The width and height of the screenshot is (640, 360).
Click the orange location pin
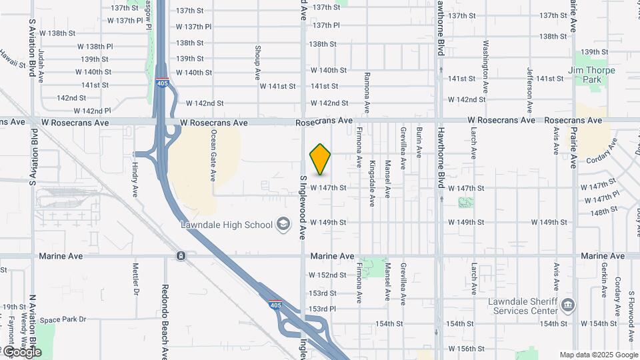(321, 159)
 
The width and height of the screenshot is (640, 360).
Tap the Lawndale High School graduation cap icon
(284, 225)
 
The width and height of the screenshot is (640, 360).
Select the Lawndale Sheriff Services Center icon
(567, 305)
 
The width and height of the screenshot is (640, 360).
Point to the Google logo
(21, 351)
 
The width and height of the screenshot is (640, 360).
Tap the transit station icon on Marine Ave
(181, 256)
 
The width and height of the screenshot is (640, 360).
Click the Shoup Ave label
(257, 63)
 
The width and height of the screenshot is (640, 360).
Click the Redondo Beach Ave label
(164, 321)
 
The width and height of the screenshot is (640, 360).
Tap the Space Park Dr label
(63, 319)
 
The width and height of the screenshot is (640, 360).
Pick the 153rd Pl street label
(323, 309)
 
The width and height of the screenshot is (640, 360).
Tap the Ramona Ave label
(367, 93)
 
